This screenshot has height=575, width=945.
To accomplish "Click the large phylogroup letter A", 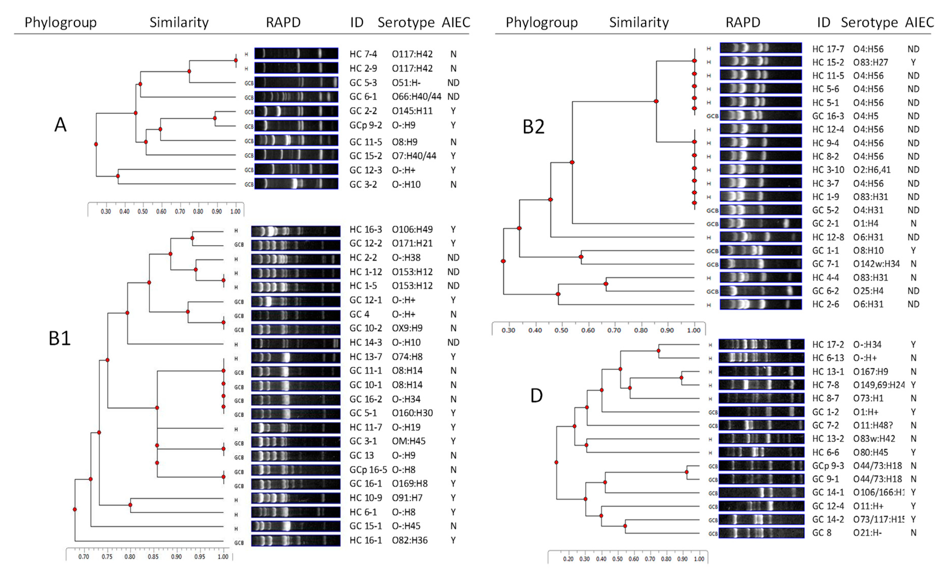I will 60,125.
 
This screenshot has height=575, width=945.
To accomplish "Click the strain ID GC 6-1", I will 363,97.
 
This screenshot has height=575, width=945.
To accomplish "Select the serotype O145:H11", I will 412,111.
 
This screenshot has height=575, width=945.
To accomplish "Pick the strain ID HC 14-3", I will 366,342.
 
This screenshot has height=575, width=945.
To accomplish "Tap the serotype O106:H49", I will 412,230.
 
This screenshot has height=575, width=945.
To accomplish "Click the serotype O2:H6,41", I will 871,170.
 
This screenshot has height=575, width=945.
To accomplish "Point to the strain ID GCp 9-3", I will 828,466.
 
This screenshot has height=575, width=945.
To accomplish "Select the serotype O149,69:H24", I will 878,385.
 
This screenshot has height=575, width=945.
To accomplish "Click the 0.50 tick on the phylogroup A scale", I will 143,211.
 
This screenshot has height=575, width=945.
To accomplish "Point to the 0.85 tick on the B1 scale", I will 153,557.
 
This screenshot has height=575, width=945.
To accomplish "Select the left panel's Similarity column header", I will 179,23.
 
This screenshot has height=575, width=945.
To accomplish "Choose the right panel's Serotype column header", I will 869,23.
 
